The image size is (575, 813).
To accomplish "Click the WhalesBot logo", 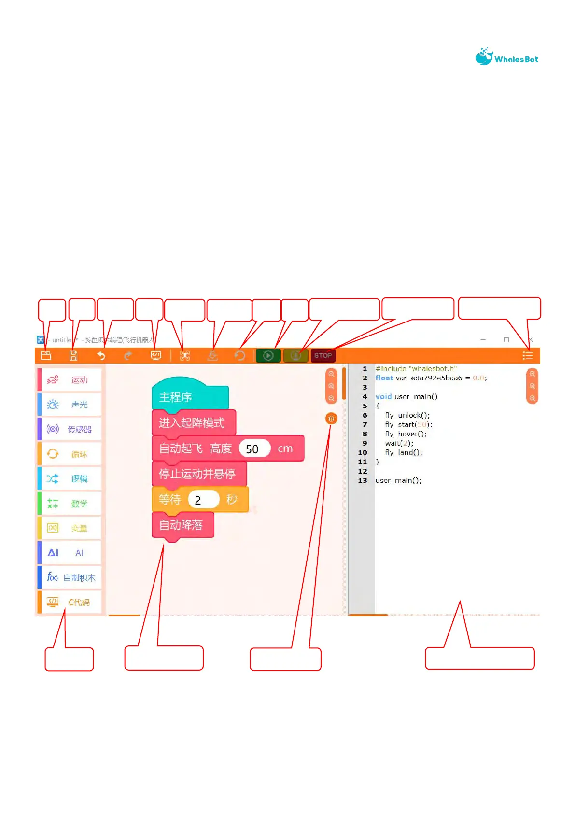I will tap(506, 57).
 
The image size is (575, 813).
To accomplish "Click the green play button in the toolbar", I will tap(268, 356).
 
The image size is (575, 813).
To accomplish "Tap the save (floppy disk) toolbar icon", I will tap(73, 356).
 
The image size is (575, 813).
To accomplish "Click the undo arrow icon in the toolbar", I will tap(101, 356).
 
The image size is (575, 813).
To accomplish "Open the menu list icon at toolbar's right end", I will tap(528, 356).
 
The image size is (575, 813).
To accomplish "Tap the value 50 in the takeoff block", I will tap(252, 449).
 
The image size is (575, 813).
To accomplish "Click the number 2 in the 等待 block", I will tap(198, 500).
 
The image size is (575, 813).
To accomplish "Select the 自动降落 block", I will tap(182, 525).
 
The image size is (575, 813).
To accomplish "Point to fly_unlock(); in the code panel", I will tap(407, 415).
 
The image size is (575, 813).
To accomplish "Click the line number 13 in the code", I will tap(363, 480).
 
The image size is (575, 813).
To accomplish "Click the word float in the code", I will tap(384, 378).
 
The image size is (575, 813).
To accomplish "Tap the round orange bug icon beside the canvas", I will tap(331, 419).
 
